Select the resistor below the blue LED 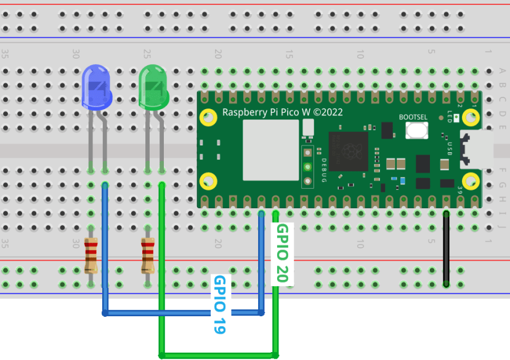pyautogui.click(x=91, y=256)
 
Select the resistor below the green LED pyautogui.click(x=148, y=256)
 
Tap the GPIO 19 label pyautogui.click(x=219, y=304)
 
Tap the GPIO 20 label pyautogui.click(x=282, y=253)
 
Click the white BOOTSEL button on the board pyautogui.click(x=417, y=131)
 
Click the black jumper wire pyautogui.click(x=446, y=247)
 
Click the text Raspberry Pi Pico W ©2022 pyautogui.click(x=282, y=112)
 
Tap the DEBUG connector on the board pyautogui.click(x=307, y=166)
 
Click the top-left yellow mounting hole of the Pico pyautogui.click(x=209, y=117)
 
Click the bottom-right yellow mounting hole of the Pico pyautogui.click(x=471, y=181)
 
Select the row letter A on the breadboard pyautogui.click(x=503, y=71)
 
